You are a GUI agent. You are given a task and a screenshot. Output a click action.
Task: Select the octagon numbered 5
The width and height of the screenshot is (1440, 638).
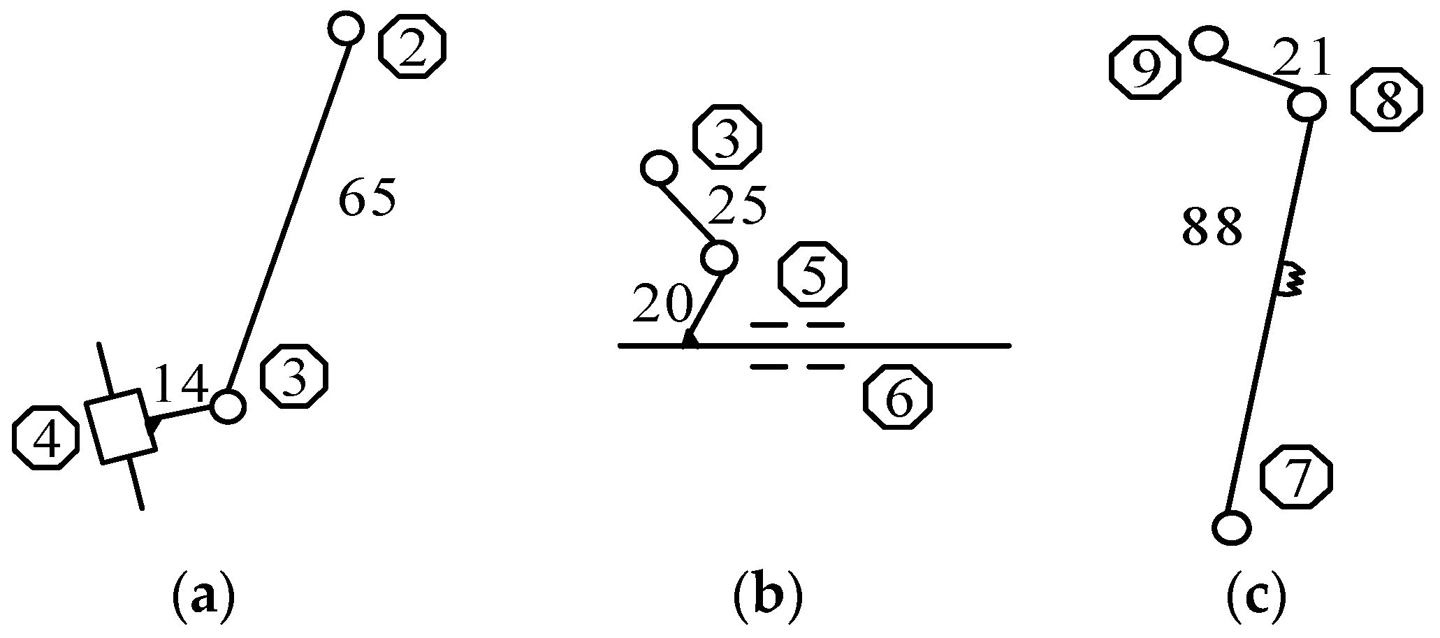tap(813, 274)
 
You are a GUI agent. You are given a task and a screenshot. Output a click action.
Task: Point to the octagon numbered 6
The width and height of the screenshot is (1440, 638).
tap(898, 396)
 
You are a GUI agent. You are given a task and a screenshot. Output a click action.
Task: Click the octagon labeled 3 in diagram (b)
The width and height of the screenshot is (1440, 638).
tap(727, 138)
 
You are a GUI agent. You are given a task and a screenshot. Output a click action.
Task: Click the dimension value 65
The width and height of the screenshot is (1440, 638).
tap(368, 199)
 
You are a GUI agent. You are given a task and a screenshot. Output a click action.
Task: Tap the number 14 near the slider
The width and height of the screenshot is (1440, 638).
tap(180, 384)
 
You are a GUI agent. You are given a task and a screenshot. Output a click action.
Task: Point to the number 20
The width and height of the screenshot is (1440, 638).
tap(662, 305)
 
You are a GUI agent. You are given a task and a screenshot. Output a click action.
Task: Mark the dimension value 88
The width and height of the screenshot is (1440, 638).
tap(1212, 228)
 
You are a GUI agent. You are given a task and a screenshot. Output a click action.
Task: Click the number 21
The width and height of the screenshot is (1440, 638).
tap(1301, 58)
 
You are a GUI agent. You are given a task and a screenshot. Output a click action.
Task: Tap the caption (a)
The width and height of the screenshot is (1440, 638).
tap(203, 597)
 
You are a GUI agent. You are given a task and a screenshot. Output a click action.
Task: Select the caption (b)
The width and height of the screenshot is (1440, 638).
tap(768, 597)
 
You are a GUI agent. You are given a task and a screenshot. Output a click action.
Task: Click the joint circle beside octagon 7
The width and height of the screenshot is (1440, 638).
tap(1231, 527)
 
